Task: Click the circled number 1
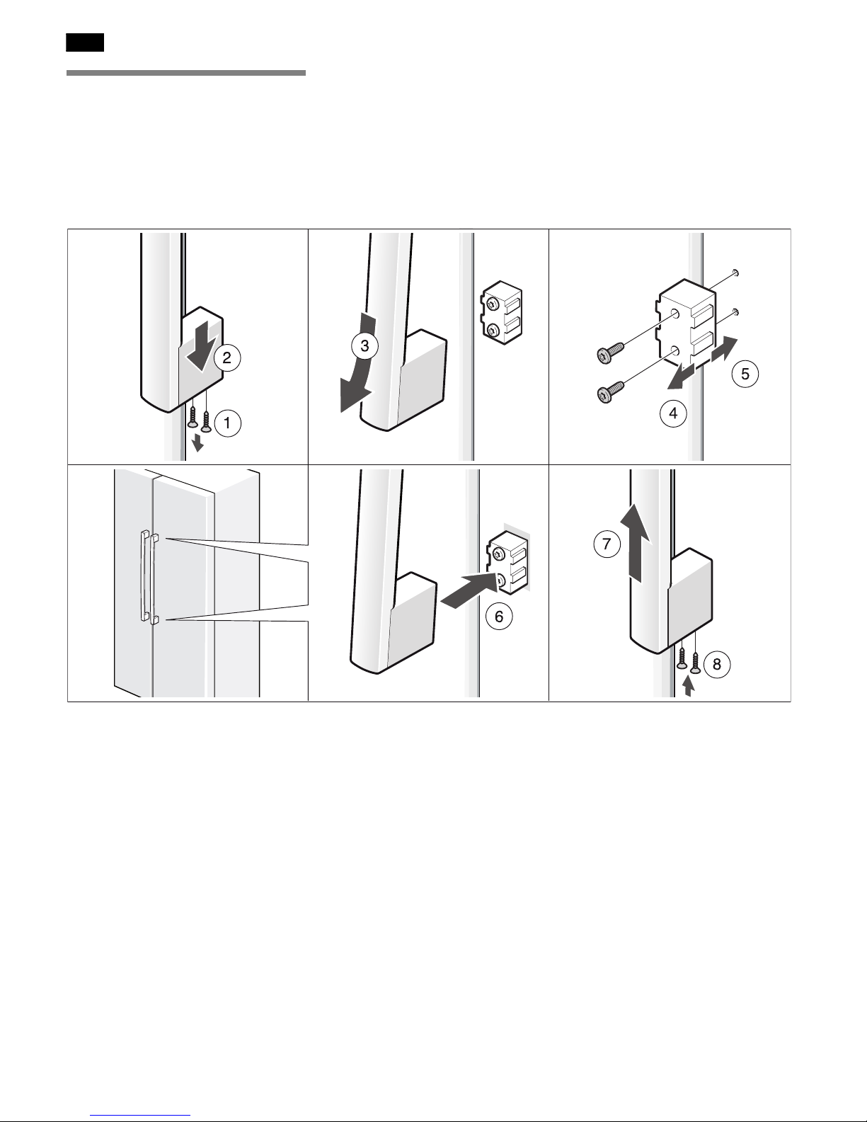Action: [x=227, y=423]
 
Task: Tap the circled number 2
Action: [x=227, y=357]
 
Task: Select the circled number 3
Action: [x=365, y=345]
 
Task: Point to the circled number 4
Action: [x=674, y=413]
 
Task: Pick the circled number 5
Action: [x=745, y=373]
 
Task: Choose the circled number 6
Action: [x=499, y=616]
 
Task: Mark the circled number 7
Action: [x=607, y=544]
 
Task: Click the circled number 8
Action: [x=717, y=663]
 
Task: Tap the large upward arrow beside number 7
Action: [x=635, y=543]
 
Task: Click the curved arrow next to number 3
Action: [x=361, y=372]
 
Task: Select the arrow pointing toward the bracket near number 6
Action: [x=471, y=589]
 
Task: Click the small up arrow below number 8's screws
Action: [x=687, y=686]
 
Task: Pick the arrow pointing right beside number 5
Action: [x=725, y=350]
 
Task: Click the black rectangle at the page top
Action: [x=85, y=42]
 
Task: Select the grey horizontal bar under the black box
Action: [x=185, y=73]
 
